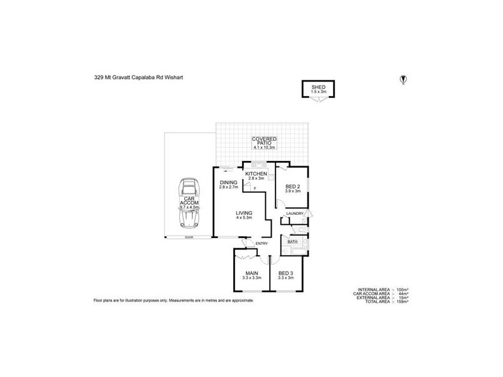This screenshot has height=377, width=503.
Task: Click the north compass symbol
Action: [403, 79]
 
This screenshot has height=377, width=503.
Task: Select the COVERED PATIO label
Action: [265, 141]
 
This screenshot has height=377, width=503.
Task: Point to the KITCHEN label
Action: [256, 174]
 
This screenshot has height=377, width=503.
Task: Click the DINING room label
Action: [228, 183]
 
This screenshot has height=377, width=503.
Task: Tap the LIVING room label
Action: [244, 214]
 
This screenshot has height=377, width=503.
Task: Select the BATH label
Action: [292, 241]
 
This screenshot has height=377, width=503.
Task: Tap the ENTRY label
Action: [262, 243]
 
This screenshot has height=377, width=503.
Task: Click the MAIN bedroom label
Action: [251, 273]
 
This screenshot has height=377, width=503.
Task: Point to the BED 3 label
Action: [285, 273]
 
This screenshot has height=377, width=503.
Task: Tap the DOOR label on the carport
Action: [189, 238]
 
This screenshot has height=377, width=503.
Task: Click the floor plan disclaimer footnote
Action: [174, 301]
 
